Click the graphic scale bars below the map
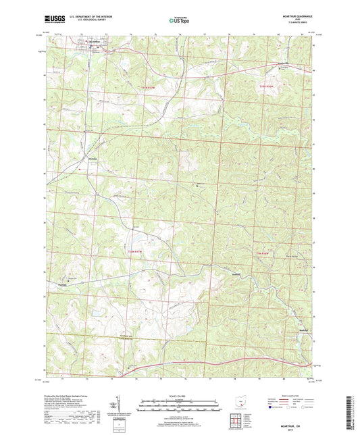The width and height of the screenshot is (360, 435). click(x=180, y=407)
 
